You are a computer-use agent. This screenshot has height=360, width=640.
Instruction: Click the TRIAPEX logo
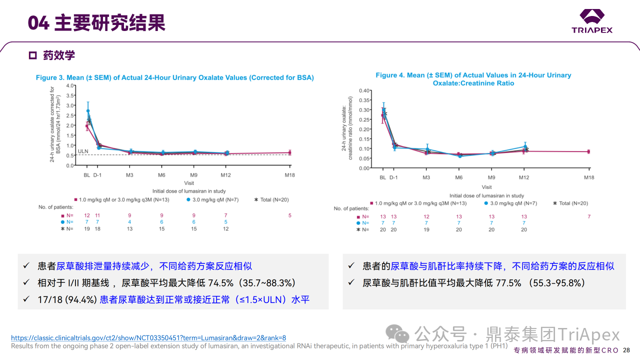(x=592, y=21)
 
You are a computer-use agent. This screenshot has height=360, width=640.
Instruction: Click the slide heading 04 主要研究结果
(x=96, y=23)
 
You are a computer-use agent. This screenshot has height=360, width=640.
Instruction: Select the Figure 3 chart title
(x=174, y=77)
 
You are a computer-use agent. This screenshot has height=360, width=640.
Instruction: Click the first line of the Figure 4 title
(x=473, y=75)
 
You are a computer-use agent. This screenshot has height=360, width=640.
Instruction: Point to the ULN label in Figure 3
(x=83, y=150)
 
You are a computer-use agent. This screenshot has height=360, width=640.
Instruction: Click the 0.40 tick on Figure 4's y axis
(x=364, y=90)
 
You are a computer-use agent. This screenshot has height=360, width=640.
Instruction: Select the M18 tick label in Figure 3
(x=289, y=175)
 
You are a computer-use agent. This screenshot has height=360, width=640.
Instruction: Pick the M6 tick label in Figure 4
(x=458, y=177)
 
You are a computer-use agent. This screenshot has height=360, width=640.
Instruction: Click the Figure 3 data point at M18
(x=289, y=152)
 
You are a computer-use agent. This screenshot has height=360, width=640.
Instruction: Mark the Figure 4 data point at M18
(x=588, y=151)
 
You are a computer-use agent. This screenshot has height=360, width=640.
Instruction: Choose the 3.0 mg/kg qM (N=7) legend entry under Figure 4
(x=511, y=203)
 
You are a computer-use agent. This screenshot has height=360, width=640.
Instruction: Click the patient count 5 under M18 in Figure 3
(x=289, y=215)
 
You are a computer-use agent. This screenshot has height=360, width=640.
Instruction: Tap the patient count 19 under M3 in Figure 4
(x=426, y=229)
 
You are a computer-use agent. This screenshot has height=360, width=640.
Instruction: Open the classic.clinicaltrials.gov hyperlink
(x=148, y=338)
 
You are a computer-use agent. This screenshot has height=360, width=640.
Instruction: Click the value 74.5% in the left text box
(x=220, y=282)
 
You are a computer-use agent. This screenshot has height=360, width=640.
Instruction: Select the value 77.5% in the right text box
(x=508, y=282)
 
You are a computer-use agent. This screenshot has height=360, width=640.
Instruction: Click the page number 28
(x=626, y=350)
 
